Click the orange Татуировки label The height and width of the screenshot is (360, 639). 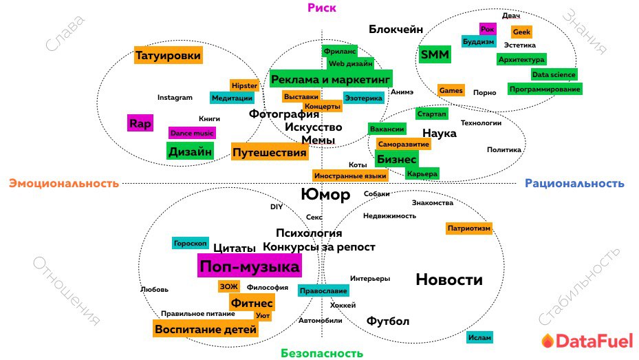[169, 55]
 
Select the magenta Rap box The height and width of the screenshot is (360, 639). [140, 124]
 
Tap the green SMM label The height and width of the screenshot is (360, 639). [435, 54]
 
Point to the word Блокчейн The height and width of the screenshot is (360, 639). [396, 29]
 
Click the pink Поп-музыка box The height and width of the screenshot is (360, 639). [250, 266]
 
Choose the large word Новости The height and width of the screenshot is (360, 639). [449, 279]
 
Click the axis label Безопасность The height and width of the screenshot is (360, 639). [321, 353]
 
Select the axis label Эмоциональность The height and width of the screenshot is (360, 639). [64, 183]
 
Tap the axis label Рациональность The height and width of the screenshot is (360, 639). [574, 183]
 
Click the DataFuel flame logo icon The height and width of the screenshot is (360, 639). [547, 341]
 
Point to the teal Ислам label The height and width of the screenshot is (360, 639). [479, 337]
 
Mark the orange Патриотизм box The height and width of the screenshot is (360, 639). [469, 228]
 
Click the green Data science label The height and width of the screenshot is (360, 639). [554, 74]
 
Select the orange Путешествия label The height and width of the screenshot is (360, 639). [269, 152]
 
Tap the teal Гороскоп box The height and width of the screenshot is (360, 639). [190, 243]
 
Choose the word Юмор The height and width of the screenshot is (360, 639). [326, 195]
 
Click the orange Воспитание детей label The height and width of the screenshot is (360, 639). [206, 329]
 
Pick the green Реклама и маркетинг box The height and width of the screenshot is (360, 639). [330, 80]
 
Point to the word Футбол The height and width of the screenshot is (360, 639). [388, 321]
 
